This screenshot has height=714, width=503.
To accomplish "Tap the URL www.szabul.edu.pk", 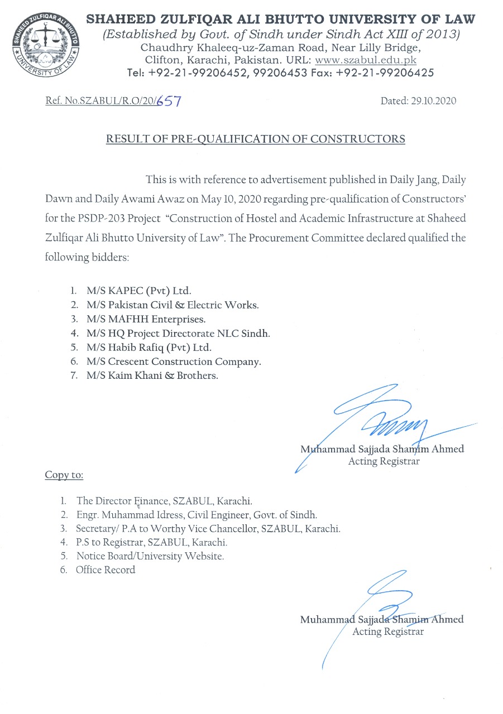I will pos(366,60).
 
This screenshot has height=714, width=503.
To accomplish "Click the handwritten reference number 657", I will pos(168,102).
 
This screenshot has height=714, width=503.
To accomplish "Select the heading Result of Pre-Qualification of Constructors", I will pos(256,139).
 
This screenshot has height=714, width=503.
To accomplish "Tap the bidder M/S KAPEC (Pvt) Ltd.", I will pos(138,291).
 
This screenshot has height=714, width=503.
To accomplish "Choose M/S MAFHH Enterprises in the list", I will pos(146,319).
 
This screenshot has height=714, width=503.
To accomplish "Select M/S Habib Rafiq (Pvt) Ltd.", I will pos(149,348).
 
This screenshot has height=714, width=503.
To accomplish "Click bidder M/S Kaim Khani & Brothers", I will pos(152,375).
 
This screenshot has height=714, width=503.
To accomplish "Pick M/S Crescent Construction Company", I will pos(174,361).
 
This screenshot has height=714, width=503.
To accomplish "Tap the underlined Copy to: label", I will pos(64,475).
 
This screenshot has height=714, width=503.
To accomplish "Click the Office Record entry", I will pos(106,570).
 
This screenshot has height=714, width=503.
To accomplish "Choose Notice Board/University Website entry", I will pos(150,556).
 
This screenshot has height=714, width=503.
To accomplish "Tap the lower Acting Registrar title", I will pos(388,632).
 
